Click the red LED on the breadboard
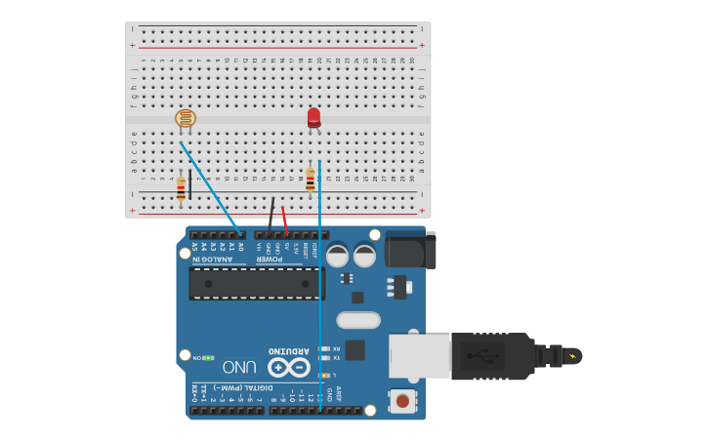pos(313,117)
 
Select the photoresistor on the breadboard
pos(185,118)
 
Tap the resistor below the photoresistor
pos(181,187)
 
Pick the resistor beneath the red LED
pos(311,180)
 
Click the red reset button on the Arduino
pos(401,400)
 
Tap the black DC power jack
pos(409,249)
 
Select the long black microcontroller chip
pos(256,284)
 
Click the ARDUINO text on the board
pos(288,351)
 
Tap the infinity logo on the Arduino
pos(288,368)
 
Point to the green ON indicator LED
pos(208,358)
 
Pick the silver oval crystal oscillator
pos(358,320)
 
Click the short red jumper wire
pos(284,219)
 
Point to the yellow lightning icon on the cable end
pos(570,356)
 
